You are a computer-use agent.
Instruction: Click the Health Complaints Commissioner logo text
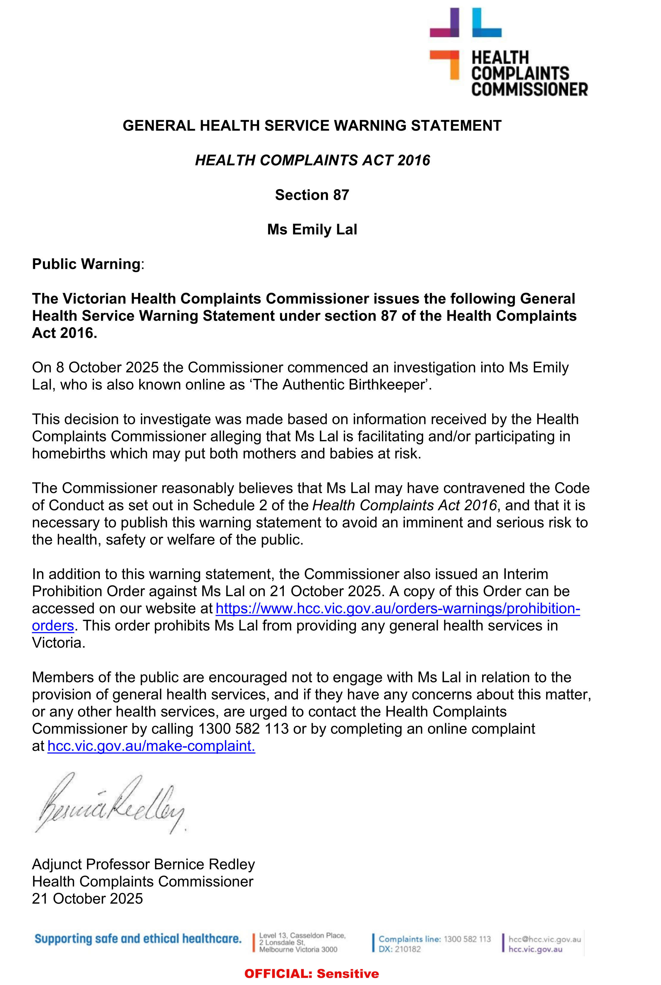click(529, 73)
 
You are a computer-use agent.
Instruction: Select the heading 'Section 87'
click(312, 195)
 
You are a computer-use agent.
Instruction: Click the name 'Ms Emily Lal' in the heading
click(312, 229)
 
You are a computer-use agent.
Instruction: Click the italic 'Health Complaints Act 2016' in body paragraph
click(404, 505)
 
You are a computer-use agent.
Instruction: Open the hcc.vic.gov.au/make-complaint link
click(151, 746)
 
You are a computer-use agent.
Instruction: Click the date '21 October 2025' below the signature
click(87, 898)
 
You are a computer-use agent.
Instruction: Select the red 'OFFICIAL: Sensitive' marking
click(312, 974)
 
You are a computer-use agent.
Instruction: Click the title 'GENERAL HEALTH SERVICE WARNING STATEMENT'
click(312, 126)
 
